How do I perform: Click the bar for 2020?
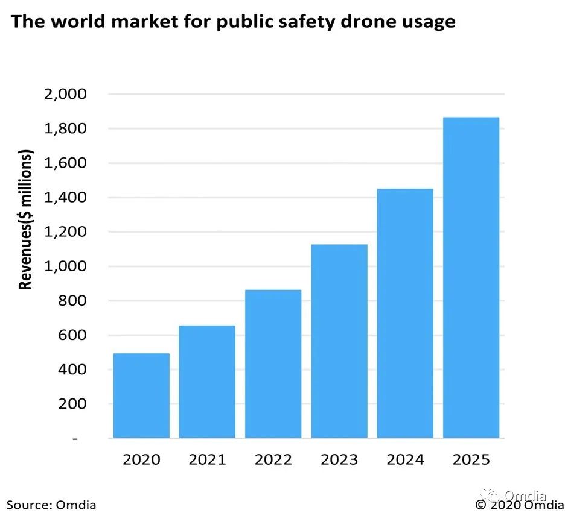pyautogui.click(x=141, y=395)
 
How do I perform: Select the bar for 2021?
pyautogui.click(x=207, y=382)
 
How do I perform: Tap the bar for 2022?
pyautogui.click(x=273, y=363)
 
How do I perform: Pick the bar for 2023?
pyautogui.click(x=339, y=341)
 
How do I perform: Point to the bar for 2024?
pyautogui.click(x=405, y=313)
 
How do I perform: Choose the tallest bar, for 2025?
pyautogui.click(x=471, y=277)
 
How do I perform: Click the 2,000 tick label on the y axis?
pyautogui.click(x=65, y=95)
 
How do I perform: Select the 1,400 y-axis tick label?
pyautogui.click(x=65, y=198)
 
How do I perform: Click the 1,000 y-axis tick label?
pyautogui.click(x=65, y=266)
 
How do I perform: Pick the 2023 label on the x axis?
pyautogui.click(x=339, y=460)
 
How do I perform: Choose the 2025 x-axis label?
pyautogui.click(x=471, y=460)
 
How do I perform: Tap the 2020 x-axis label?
pyautogui.click(x=141, y=460)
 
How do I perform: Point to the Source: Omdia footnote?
pyautogui.click(x=51, y=505)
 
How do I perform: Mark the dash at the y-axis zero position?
pyautogui.click(x=75, y=439)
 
